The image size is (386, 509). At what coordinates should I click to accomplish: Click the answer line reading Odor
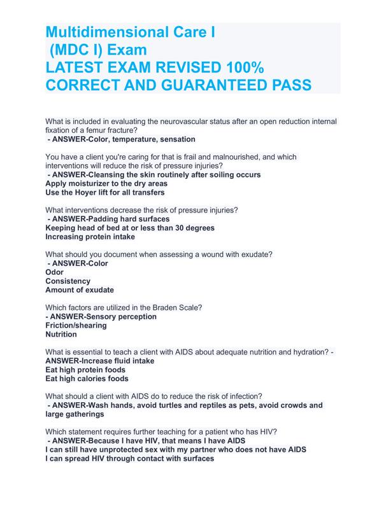click(x=55, y=272)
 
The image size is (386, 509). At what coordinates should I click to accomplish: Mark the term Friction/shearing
click(x=76, y=325)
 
